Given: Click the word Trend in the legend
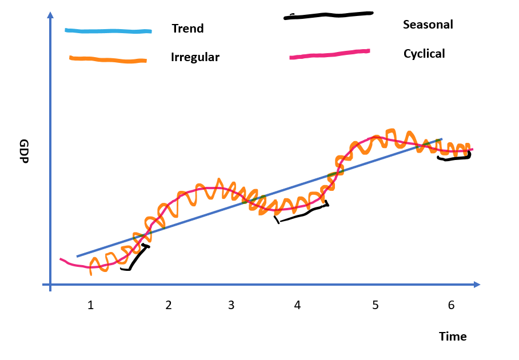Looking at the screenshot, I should [187, 29].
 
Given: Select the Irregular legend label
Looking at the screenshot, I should [195, 57].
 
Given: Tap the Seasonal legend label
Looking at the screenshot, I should [428, 25].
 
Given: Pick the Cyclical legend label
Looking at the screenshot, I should [424, 54].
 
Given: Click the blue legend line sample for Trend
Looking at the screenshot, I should [108, 30].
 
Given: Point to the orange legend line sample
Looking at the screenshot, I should [107, 59].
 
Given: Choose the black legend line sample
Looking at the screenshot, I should [329, 15].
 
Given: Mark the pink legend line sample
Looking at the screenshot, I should [329, 54].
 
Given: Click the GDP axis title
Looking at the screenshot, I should [24, 151].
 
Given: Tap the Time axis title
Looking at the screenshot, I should [453, 337].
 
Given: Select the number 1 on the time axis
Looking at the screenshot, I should [90, 305].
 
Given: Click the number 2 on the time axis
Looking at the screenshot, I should [169, 305].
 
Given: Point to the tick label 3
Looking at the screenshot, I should [231, 305].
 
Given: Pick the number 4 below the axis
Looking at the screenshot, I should [297, 305].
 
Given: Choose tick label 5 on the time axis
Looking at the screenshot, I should [375, 305].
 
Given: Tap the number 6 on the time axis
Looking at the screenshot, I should [451, 305].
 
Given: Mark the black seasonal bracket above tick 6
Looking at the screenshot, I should [454, 157].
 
